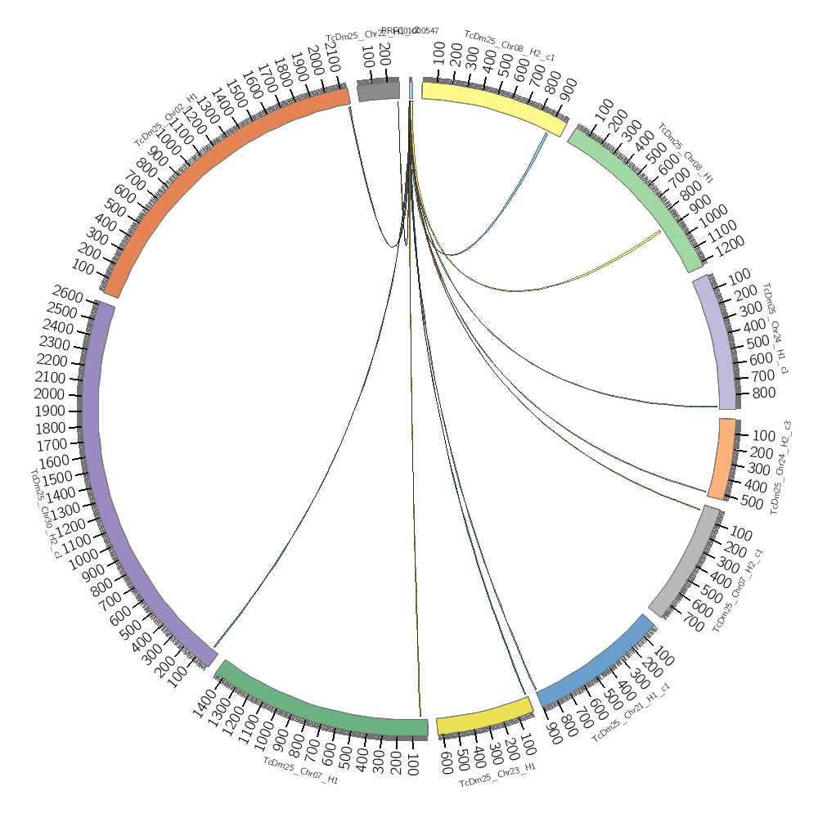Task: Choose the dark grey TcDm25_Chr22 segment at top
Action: tap(378, 90)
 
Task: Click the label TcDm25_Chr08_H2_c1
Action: tap(510, 46)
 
